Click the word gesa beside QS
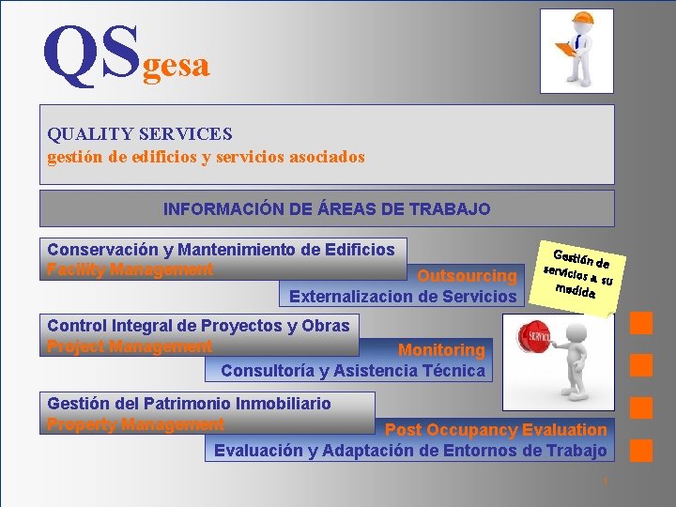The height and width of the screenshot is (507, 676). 176,65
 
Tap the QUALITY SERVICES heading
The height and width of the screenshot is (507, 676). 140,134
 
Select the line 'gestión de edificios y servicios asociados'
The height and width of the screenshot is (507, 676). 206,157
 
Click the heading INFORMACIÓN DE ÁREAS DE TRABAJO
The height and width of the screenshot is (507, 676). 327,208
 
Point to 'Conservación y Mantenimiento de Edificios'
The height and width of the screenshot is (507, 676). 221,250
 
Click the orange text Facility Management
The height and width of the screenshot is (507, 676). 131,270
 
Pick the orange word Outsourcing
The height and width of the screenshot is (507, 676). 467,276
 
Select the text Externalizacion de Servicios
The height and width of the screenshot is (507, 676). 403,297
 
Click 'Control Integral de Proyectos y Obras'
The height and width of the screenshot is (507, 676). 198,326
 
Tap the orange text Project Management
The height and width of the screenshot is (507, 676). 130,346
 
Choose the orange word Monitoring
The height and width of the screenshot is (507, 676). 441,350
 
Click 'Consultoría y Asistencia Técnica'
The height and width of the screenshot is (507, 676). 353,371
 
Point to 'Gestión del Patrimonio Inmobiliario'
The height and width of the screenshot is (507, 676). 189,404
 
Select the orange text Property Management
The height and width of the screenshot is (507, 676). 135,424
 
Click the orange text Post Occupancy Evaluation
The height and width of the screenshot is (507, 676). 496,430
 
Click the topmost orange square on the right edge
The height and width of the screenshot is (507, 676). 641,323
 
